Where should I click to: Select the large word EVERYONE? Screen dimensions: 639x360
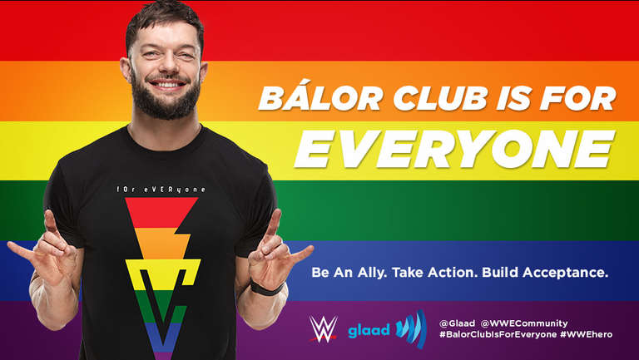(x=454, y=149)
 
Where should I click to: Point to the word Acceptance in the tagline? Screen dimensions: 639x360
(x=565, y=272)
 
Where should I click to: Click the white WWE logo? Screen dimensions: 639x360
(x=323, y=328)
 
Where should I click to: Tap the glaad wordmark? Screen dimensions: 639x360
(x=369, y=330)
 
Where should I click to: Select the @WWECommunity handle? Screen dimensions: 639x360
(x=523, y=323)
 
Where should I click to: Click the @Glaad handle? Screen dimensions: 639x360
(x=457, y=323)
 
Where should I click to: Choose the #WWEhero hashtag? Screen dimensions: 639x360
(x=586, y=334)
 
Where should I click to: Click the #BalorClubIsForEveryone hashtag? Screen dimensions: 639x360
(x=498, y=334)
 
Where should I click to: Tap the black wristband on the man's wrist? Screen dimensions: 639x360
(x=267, y=288)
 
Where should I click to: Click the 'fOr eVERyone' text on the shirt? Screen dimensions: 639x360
(x=161, y=190)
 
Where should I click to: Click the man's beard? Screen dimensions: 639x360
(x=166, y=99)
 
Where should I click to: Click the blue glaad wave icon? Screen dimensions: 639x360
(x=412, y=328)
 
